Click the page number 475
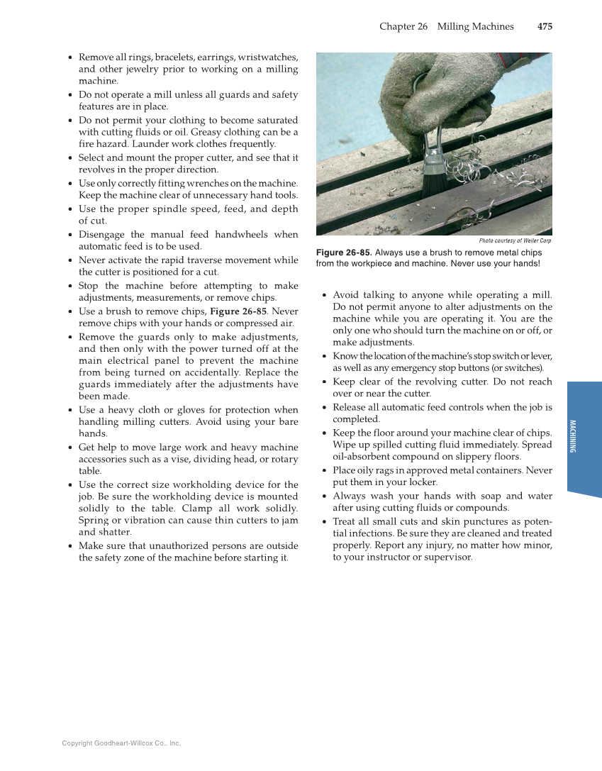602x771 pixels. tap(545, 27)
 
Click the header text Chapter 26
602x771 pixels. tap(403, 27)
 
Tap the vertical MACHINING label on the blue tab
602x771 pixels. tap(572, 436)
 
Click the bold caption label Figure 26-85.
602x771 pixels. tap(344, 253)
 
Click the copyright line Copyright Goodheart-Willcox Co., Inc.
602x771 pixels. tap(121, 743)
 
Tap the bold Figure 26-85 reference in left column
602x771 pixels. tap(238, 311)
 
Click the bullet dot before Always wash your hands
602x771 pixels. tap(324, 497)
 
